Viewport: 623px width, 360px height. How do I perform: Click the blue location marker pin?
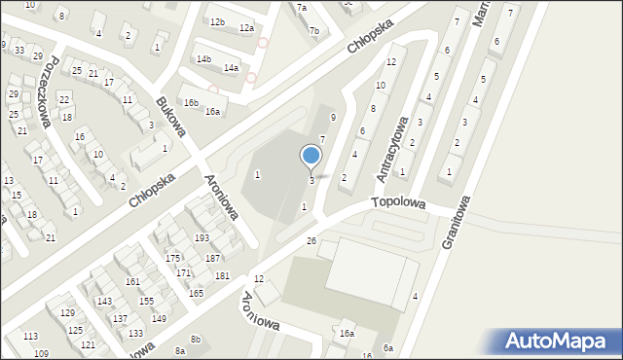(x=311, y=156)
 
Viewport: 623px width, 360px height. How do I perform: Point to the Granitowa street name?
(x=457, y=221)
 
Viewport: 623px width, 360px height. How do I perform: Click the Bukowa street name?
(x=170, y=115)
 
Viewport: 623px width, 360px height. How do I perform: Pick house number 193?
(x=202, y=238)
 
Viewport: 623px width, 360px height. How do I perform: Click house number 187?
(x=212, y=258)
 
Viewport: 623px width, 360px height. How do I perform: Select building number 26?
(x=311, y=240)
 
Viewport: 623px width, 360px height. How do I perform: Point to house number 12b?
(x=217, y=22)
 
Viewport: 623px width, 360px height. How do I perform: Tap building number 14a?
(x=231, y=68)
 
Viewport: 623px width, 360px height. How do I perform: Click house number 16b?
(x=191, y=103)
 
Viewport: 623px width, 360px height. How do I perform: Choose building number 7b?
(x=313, y=31)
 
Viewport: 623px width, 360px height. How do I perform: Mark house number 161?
(x=132, y=281)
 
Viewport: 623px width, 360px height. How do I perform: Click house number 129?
(x=67, y=312)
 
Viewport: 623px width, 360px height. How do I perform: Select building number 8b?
(x=196, y=339)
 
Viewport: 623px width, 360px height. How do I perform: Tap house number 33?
(x=19, y=50)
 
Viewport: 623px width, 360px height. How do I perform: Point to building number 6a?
(x=388, y=347)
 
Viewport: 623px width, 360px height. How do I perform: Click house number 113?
(x=30, y=336)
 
